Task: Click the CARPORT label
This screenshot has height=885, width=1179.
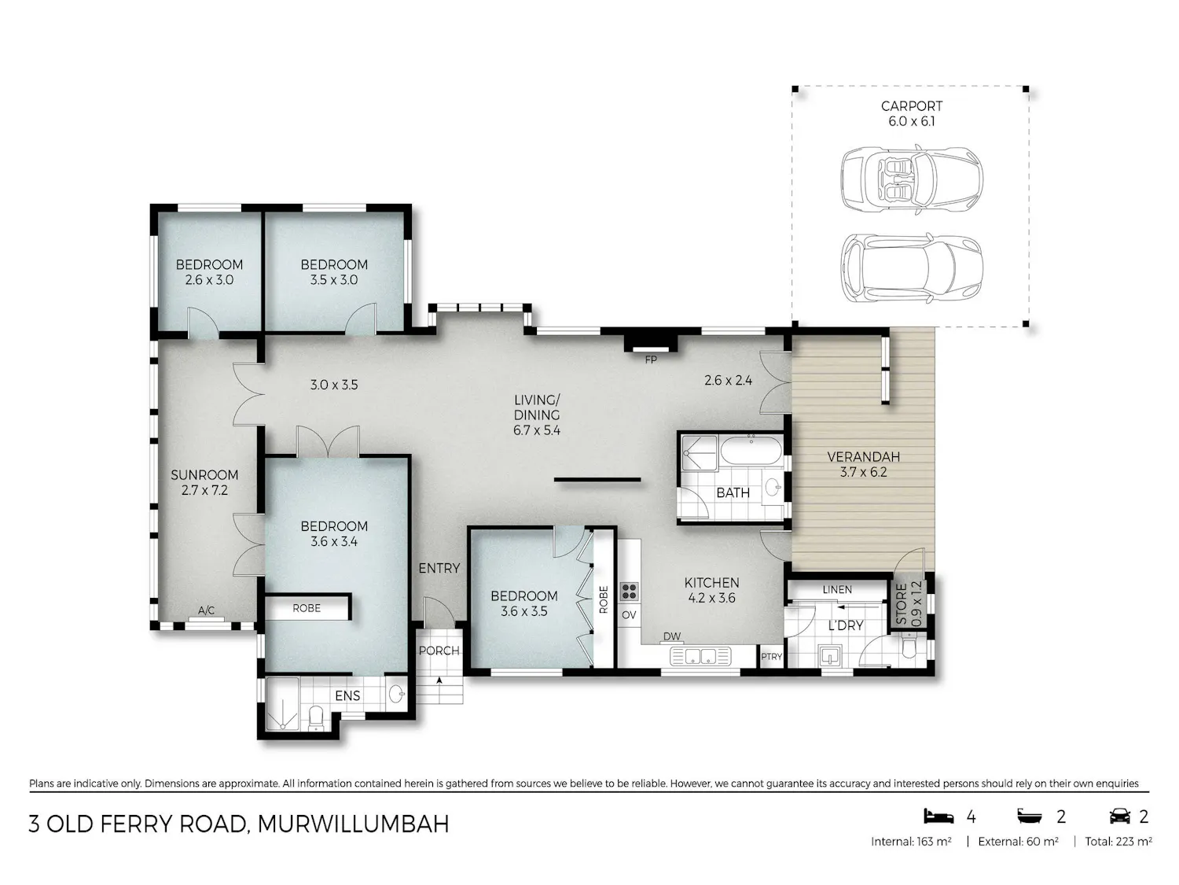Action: (911, 106)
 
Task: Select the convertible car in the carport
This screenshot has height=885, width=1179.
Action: (911, 179)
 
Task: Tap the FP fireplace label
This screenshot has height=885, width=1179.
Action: (651, 360)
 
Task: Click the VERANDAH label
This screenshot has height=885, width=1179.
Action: (863, 457)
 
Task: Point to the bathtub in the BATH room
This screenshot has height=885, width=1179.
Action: (751, 451)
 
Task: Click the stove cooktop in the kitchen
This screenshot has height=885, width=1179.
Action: (629, 591)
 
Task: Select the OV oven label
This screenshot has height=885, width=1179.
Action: (629, 614)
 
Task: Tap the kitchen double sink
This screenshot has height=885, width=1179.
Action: (700, 656)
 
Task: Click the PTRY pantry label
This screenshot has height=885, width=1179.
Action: (771, 657)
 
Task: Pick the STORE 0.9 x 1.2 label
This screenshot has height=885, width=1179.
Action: (909, 603)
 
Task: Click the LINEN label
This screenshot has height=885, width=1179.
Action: (837, 589)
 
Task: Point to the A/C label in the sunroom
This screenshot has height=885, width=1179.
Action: (206, 610)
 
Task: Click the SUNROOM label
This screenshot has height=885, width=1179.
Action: (204, 475)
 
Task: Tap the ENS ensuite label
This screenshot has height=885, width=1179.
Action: (347, 696)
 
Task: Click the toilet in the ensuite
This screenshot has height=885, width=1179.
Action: (317, 718)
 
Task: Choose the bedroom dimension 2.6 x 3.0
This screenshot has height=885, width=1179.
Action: (209, 280)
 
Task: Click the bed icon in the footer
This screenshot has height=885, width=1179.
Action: (938, 816)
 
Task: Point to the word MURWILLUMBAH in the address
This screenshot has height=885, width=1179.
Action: (353, 824)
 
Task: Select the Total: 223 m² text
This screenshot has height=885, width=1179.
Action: (1118, 842)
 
